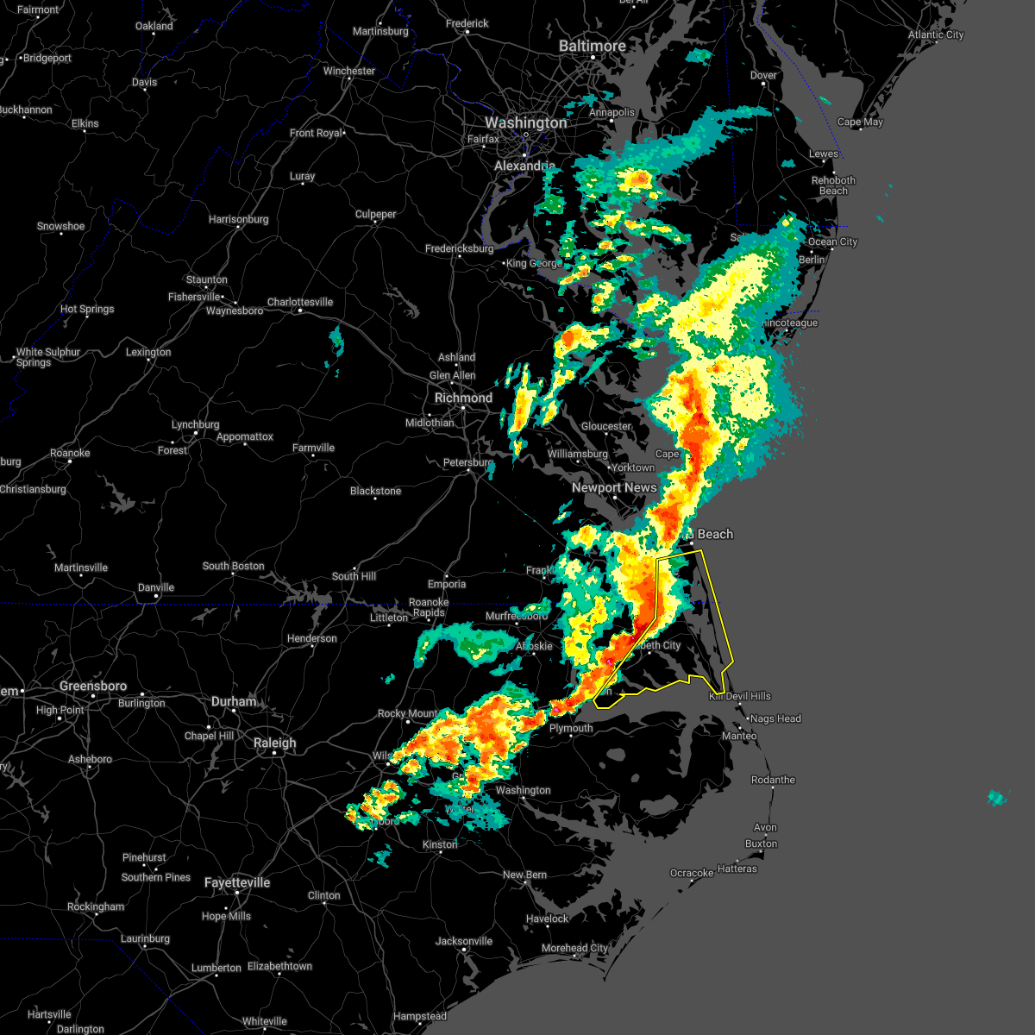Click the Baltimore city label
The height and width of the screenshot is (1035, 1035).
(592, 46)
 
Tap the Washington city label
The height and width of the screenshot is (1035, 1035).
(525, 123)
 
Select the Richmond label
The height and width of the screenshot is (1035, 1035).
(463, 398)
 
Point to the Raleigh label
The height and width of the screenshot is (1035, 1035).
(274, 743)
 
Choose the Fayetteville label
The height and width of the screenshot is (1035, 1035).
(237, 882)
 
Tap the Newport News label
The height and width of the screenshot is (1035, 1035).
(614, 487)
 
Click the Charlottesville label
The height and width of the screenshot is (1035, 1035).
(299, 302)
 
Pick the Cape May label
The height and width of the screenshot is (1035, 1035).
(860, 122)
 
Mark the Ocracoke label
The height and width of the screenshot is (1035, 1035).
(692, 873)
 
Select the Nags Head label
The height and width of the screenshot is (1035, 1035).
(775, 718)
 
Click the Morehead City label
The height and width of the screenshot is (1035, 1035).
(574, 948)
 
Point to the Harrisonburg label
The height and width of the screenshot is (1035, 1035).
(238, 219)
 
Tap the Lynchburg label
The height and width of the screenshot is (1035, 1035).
(195, 424)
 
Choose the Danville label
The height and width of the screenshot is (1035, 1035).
(155, 587)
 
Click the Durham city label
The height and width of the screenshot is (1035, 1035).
(234, 702)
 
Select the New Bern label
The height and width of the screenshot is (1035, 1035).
(524, 875)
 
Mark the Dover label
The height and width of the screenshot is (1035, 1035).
(763, 75)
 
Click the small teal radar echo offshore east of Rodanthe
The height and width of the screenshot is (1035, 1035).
(996, 798)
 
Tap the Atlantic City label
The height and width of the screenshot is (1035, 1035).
(935, 34)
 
